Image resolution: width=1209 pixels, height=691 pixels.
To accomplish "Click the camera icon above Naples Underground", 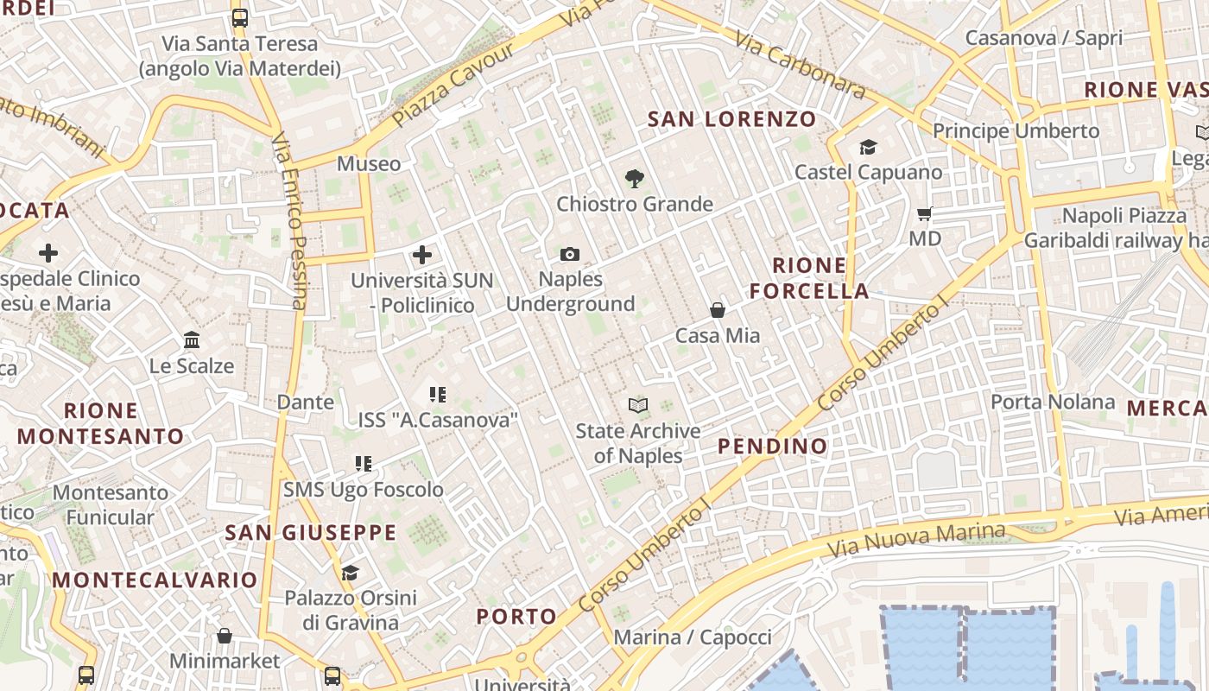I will [570, 254].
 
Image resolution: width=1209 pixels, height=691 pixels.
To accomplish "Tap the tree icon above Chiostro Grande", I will [635, 179].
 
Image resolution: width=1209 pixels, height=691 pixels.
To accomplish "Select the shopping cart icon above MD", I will [925, 213].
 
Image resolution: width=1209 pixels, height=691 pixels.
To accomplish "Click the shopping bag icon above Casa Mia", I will [717, 309].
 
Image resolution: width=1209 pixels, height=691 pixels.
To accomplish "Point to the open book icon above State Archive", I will [638, 405].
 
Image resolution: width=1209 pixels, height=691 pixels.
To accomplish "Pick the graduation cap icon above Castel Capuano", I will [868, 148].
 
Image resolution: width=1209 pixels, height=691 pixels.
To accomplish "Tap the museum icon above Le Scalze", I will [192, 340].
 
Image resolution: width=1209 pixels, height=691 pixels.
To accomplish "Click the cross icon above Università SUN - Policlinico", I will [422, 255].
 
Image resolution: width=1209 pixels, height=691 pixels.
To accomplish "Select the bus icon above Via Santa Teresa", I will [240, 17].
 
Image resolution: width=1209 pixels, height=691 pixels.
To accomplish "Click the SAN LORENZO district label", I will [732, 119].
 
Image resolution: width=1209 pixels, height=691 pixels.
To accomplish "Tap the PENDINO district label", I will [773, 447].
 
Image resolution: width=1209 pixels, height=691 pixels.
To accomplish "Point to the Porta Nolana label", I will [1053, 402].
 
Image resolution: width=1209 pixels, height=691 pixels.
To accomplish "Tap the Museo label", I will [369, 164].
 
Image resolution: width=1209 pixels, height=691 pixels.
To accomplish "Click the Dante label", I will [305, 402].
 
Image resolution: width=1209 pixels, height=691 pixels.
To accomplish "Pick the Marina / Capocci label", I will [693, 637].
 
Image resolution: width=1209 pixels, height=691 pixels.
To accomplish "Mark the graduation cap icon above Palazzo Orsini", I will [350, 573].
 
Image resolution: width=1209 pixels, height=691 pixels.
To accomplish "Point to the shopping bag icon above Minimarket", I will [225, 637].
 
